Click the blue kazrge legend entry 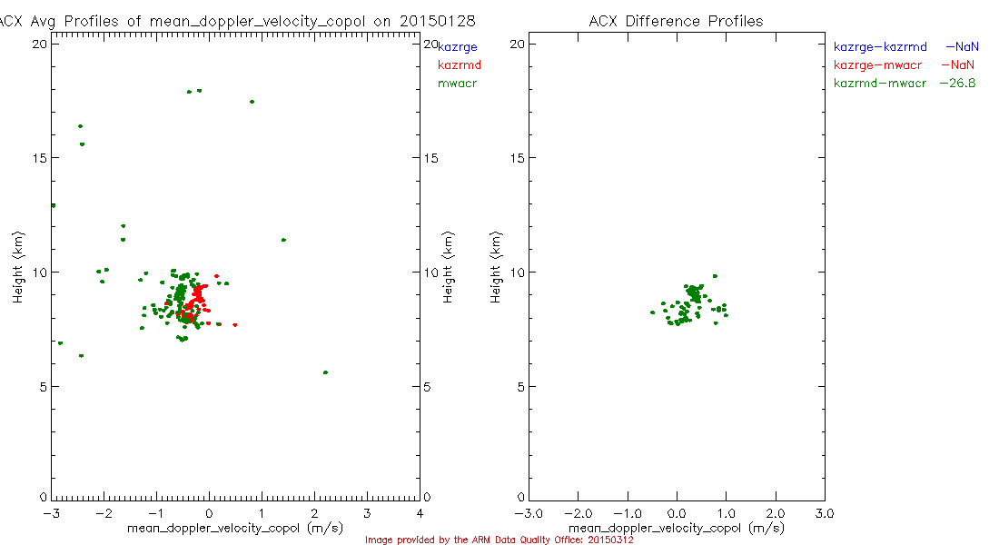458,46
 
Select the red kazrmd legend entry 460,64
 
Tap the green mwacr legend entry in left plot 458,84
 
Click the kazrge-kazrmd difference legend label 880,45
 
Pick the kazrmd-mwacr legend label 880,83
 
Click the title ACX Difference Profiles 676,21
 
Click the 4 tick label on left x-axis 419,512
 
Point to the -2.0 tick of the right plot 579,512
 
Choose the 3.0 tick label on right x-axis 825,512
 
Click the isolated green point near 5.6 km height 325,372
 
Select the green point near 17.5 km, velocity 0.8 252,102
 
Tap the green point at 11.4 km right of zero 283,240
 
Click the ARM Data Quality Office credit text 499,540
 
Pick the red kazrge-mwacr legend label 878,64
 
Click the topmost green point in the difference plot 715,276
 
